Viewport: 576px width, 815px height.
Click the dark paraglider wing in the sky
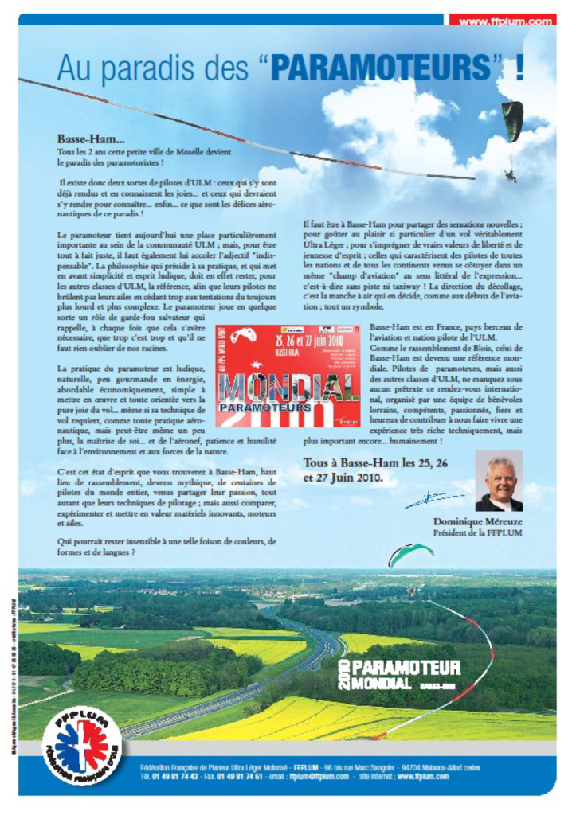(x=511, y=120)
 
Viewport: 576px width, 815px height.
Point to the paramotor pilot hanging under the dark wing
(x=510, y=174)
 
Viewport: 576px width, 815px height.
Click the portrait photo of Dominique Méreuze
(x=499, y=481)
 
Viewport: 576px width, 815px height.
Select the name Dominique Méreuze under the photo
(x=477, y=522)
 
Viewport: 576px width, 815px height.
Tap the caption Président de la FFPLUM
(x=477, y=532)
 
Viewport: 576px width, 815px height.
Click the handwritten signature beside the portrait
(x=434, y=500)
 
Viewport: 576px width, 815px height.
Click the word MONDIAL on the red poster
(x=288, y=386)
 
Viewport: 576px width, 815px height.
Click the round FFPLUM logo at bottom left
(x=82, y=745)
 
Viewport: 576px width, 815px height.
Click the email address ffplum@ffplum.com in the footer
(x=308, y=776)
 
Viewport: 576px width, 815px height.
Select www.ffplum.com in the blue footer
(x=423, y=776)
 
